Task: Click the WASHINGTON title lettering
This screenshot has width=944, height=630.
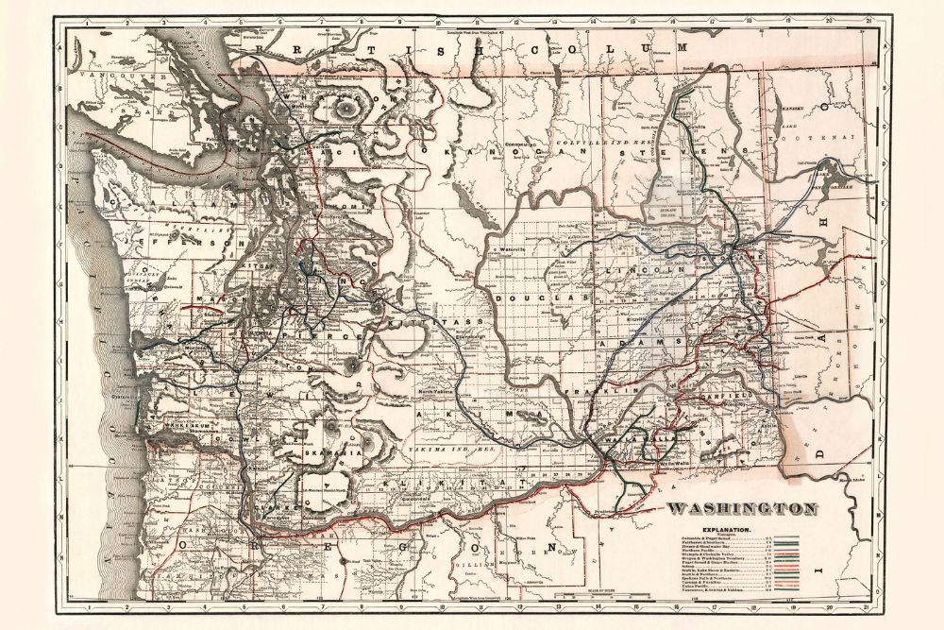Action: coord(741,509)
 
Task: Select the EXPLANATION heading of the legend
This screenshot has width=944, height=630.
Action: coord(726,530)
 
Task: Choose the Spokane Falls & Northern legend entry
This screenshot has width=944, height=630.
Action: coord(707,578)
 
